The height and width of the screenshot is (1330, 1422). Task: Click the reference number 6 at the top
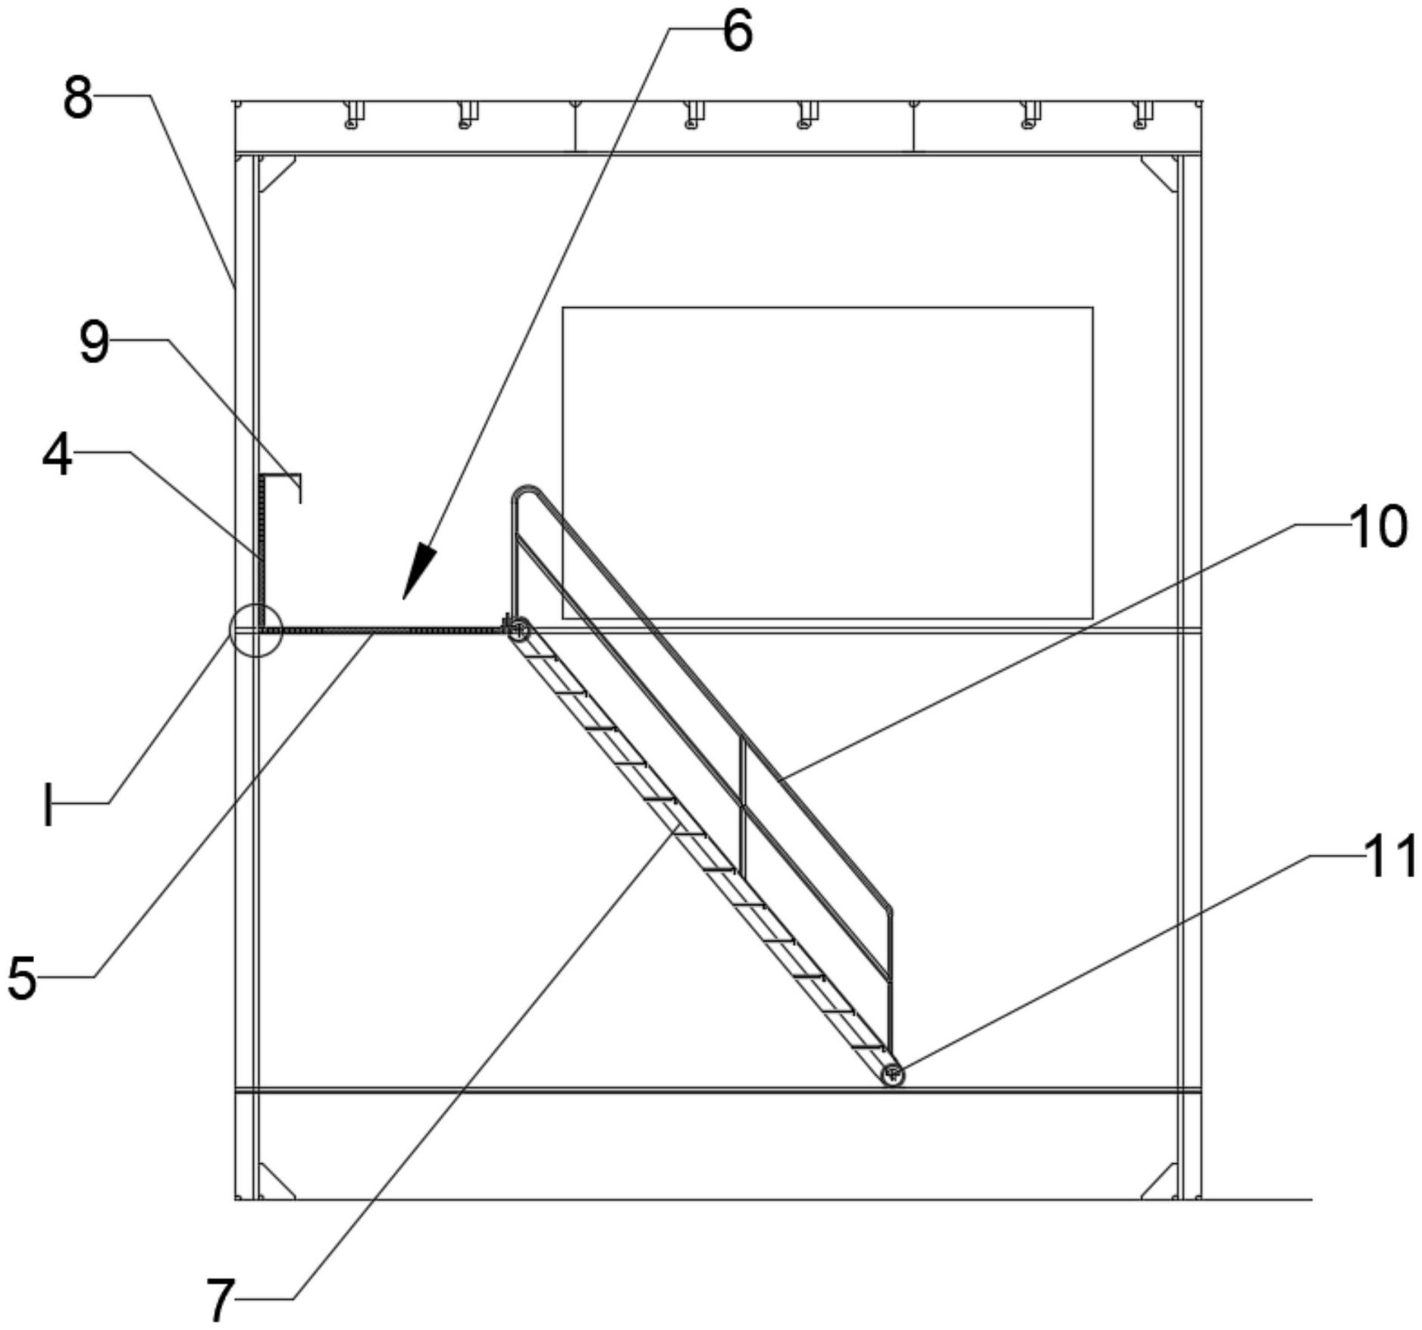(738, 33)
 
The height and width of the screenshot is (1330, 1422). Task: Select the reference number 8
(78, 99)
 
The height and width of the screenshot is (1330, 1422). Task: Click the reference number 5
(22, 978)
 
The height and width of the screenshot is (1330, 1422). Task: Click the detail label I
(49, 804)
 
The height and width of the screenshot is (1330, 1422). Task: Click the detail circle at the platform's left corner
(256, 630)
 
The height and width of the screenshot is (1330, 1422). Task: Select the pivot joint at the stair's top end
(518, 628)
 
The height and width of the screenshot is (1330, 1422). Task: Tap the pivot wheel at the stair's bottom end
(894, 1074)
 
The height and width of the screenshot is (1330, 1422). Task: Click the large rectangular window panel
(827, 463)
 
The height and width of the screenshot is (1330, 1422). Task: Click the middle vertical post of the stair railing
(742, 807)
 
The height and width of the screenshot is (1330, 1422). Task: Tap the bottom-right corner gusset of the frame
(1159, 1180)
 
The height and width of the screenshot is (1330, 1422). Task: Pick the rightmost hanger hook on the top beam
(1142, 114)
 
